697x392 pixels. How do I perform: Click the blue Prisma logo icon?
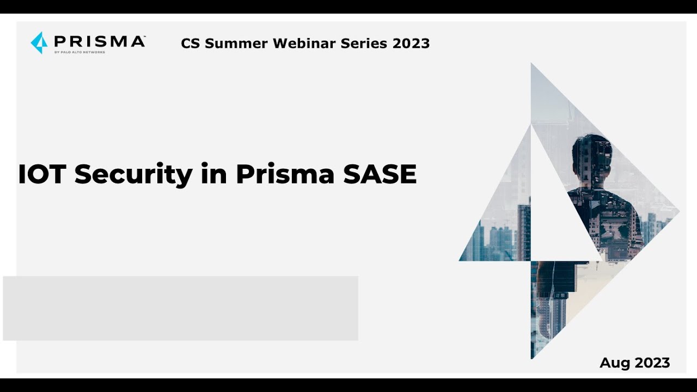[x=39, y=42]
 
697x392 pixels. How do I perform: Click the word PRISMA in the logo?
[x=100, y=41]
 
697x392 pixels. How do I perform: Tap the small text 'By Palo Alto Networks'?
[x=80, y=52]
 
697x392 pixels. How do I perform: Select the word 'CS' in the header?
[x=191, y=44]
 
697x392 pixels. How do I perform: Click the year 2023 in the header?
[x=411, y=44]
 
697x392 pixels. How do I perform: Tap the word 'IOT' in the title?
[x=43, y=174]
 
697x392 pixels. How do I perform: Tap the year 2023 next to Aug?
[x=652, y=363]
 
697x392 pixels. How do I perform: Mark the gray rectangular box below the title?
[x=180, y=308]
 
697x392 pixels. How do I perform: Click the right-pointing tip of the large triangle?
[x=677, y=211]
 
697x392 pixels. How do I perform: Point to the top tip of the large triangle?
[x=532, y=65]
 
